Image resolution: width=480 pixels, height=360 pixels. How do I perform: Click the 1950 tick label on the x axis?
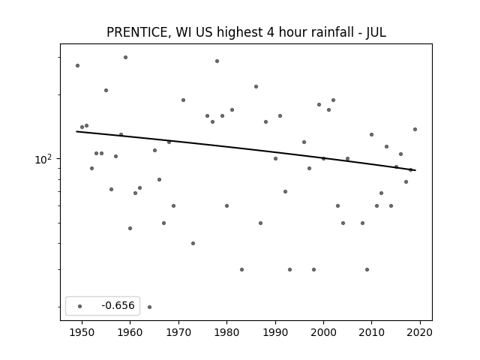(x=82, y=332)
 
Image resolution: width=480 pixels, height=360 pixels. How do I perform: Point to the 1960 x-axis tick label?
(x=130, y=332)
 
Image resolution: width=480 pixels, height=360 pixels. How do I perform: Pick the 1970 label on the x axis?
(x=178, y=332)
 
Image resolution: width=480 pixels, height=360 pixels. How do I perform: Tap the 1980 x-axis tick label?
(x=226, y=332)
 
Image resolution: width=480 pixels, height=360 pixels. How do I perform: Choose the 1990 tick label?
(x=275, y=332)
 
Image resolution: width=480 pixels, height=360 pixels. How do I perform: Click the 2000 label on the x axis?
(x=323, y=332)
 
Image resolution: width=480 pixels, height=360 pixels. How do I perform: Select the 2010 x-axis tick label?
(x=372, y=332)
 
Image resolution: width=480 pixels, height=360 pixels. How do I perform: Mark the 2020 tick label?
(x=420, y=332)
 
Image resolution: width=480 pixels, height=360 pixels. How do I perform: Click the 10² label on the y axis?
(x=43, y=159)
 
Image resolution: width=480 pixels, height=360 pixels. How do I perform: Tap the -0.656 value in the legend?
(x=118, y=305)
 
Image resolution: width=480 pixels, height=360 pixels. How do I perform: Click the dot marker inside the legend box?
(x=80, y=306)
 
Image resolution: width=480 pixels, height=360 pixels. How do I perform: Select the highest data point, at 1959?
(x=125, y=57)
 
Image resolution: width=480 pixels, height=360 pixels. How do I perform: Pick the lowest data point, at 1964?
(x=149, y=307)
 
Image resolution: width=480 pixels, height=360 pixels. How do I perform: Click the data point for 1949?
(x=77, y=65)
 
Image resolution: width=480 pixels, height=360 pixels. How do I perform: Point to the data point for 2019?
(x=415, y=129)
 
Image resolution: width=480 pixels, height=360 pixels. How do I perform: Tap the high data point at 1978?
(x=217, y=61)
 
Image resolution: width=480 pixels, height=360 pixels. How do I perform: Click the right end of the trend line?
(x=415, y=170)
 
